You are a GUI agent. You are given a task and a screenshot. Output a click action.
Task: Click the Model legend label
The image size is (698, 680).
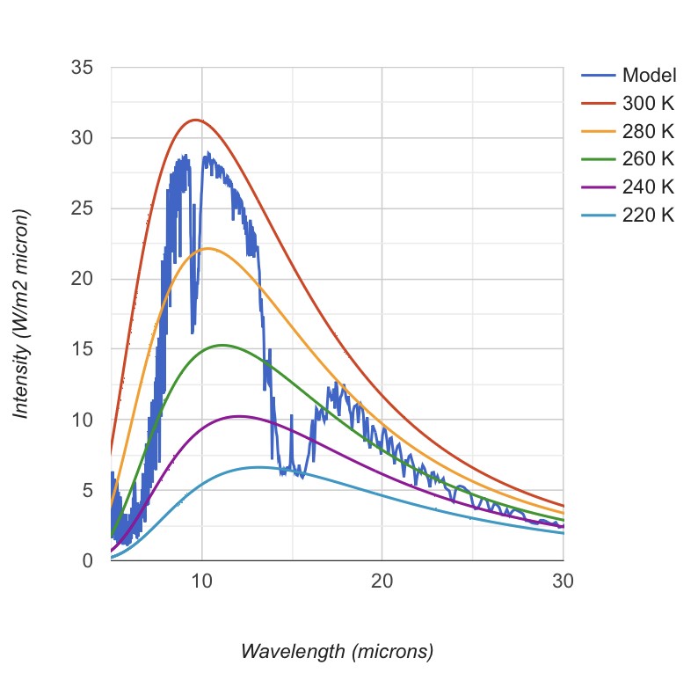click(x=649, y=75)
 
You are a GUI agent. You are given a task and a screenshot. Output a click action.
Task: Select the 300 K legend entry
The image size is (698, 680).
click(x=648, y=103)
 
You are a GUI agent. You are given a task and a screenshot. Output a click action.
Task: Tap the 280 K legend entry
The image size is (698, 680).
click(x=648, y=131)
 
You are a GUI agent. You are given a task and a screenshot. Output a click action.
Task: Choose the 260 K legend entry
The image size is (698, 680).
click(x=648, y=159)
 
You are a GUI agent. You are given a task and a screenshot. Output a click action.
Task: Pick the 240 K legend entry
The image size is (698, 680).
click(x=648, y=187)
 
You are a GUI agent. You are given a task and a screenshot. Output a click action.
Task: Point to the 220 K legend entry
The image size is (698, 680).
click(x=648, y=216)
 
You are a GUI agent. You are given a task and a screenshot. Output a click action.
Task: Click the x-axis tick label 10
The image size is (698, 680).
click(x=201, y=582)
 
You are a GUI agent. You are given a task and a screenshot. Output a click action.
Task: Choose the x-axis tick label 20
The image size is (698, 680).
click(x=382, y=582)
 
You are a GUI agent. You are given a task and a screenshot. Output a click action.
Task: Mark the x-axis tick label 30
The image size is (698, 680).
click(x=562, y=582)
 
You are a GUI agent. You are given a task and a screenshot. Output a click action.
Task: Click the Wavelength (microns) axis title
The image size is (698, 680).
click(x=337, y=652)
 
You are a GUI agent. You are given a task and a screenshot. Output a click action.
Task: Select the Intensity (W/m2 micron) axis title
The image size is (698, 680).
click(x=22, y=314)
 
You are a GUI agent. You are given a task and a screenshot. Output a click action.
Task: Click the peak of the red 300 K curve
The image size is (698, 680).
click(x=196, y=120)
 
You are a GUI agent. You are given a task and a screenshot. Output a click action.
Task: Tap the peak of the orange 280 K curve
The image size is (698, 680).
click(x=207, y=248)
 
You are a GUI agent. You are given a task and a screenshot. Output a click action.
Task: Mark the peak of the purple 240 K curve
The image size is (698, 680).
click(x=238, y=416)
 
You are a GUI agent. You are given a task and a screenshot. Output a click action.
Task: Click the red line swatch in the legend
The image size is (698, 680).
click(x=598, y=103)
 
